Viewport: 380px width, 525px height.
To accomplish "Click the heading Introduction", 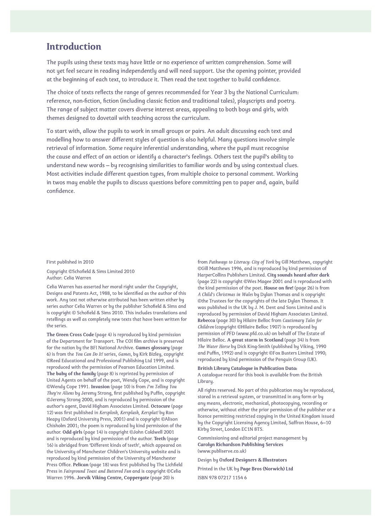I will [74, 47].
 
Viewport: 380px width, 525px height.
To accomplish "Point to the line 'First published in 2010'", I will [70, 262].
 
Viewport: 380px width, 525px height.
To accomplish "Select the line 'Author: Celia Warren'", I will [69, 278].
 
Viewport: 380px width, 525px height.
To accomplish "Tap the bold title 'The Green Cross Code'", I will [70, 335].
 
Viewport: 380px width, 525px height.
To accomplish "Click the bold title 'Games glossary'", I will [153, 348].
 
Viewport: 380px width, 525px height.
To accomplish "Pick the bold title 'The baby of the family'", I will [71, 374].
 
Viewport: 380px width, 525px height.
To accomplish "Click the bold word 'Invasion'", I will [100, 387].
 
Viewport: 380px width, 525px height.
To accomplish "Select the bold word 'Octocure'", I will [160, 406].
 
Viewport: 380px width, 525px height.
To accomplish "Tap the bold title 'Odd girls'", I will [72, 432].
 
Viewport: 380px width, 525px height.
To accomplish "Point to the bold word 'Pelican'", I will [81, 465].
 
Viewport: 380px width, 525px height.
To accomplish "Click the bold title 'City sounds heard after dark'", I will [298, 275].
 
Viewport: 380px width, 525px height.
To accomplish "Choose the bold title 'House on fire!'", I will [279, 288].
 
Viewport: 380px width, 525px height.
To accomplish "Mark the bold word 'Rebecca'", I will [206, 321].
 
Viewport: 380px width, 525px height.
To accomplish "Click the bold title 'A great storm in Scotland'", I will [255, 340].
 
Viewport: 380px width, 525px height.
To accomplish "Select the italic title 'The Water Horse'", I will [214, 346].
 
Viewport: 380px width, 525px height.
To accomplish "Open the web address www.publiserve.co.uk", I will [222, 451].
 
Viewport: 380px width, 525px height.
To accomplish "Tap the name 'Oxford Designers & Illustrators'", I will [253, 460].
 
